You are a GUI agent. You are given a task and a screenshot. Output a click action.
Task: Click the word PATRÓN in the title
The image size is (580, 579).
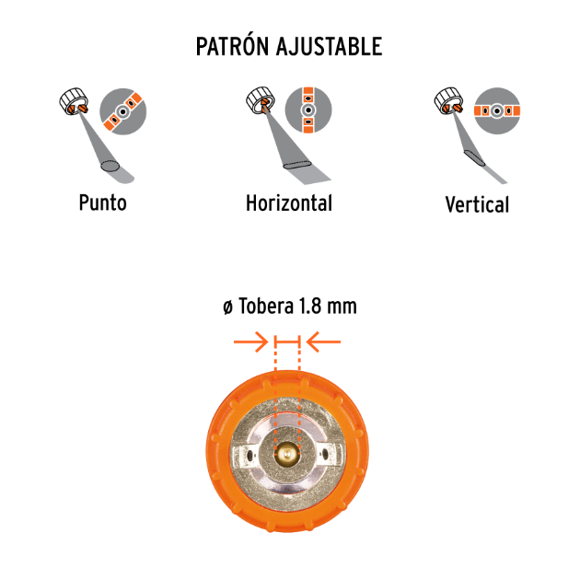232,46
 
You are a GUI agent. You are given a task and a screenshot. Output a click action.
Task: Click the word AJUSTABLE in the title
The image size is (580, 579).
330,46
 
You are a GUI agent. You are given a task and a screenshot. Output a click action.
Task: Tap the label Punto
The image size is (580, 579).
103,203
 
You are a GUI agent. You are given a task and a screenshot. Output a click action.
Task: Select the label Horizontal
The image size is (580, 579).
289,203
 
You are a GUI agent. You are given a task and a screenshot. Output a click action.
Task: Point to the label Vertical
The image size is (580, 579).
477,204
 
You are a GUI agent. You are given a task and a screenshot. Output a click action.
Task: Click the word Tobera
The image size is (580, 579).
266,307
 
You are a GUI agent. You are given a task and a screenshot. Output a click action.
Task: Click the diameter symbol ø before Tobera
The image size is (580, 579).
228,307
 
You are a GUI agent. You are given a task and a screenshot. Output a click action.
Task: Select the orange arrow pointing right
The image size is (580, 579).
250,342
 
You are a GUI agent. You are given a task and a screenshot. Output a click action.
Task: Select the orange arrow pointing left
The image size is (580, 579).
323,342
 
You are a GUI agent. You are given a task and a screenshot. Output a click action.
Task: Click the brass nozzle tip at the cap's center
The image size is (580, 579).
287,454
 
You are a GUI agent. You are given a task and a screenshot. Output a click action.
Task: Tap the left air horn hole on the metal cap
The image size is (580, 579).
250,453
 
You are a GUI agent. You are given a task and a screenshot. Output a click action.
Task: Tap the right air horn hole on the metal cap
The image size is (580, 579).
324,453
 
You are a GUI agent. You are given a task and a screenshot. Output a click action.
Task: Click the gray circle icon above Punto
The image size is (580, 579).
123,111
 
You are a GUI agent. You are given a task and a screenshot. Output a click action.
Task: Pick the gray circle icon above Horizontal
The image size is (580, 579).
308,110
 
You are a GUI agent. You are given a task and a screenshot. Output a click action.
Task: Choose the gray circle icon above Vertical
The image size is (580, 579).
497,110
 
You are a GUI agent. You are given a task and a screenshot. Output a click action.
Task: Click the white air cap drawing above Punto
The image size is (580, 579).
74,101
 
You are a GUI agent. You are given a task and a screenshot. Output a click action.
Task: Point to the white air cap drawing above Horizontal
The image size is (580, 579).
261,100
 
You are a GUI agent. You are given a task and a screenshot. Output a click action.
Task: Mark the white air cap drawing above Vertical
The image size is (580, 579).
448,101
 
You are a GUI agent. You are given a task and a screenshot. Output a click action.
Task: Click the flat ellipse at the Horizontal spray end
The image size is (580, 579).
297,165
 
